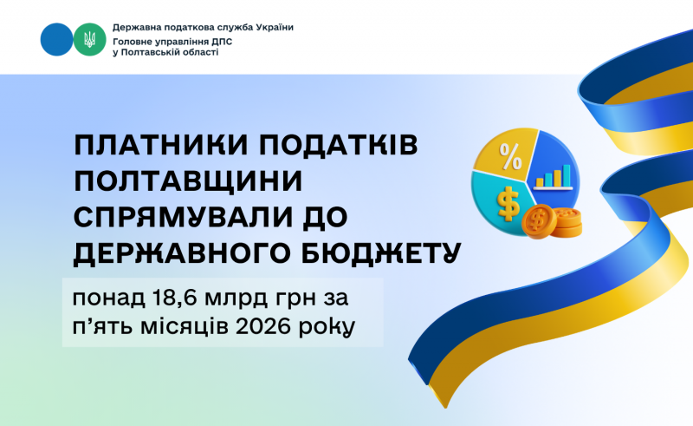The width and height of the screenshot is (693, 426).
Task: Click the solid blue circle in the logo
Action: click(x=56, y=39)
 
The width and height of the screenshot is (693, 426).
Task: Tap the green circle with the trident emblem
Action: click(x=90, y=39)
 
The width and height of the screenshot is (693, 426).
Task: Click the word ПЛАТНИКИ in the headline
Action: click(x=161, y=145)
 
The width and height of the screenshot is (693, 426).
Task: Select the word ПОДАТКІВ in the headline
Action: click(x=340, y=145)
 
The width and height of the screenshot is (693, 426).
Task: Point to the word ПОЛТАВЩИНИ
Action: click(x=188, y=180)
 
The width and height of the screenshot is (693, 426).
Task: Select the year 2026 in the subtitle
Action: click(x=259, y=327)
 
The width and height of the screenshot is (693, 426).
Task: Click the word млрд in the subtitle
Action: click(x=236, y=299)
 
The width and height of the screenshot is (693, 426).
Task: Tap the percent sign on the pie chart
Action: click(x=510, y=156)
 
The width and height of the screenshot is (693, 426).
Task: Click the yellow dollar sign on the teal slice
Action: click(x=508, y=204)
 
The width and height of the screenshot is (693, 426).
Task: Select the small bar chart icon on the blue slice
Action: click(x=553, y=178)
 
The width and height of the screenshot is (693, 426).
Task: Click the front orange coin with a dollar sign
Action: click(x=539, y=221)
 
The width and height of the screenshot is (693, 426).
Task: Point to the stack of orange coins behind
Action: click(x=568, y=223)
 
